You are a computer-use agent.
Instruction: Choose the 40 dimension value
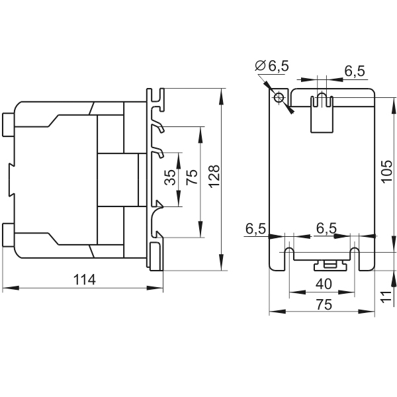tap(324, 284)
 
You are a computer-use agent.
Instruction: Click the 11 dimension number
tap(386, 296)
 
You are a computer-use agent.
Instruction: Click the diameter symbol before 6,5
tap(259, 65)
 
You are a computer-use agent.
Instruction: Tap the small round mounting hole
tap(279, 97)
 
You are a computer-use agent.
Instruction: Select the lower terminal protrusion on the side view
tap(8, 234)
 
